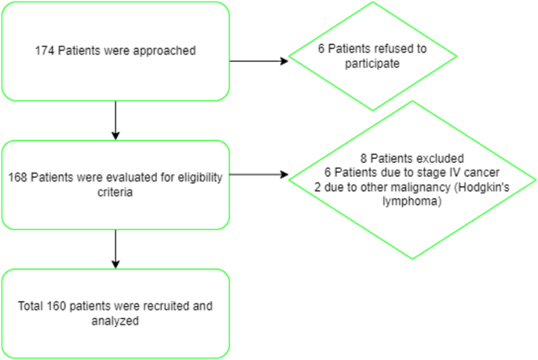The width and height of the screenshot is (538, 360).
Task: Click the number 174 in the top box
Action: pyautogui.click(x=43, y=51)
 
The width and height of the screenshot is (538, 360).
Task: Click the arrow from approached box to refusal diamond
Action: pyautogui.click(x=259, y=61)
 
